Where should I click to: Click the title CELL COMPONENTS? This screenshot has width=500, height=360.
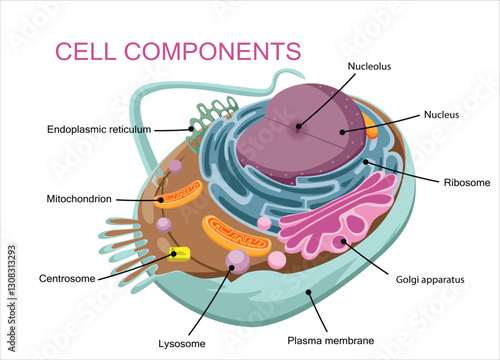pyautogui.click(x=177, y=50)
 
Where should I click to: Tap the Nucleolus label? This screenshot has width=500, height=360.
pyautogui.click(x=370, y=67)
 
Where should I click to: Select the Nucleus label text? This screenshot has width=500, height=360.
pyautogui.click(x=441, y=115)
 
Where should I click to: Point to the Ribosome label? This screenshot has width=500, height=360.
pyautogui.click(x=467, y=182)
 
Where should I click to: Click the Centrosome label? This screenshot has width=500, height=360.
pyautogui.click(x=67, y=277)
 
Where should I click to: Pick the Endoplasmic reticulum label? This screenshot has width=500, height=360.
pyautogui.click(x=99, y=129)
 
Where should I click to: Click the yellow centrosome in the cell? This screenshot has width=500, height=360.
pyautogui.click(x=179, y=254)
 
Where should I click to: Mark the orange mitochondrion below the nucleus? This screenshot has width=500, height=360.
pyautogui.click(x=236, y=236)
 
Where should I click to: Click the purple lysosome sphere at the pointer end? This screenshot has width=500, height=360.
pyautogui.click(x=238, y=262)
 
